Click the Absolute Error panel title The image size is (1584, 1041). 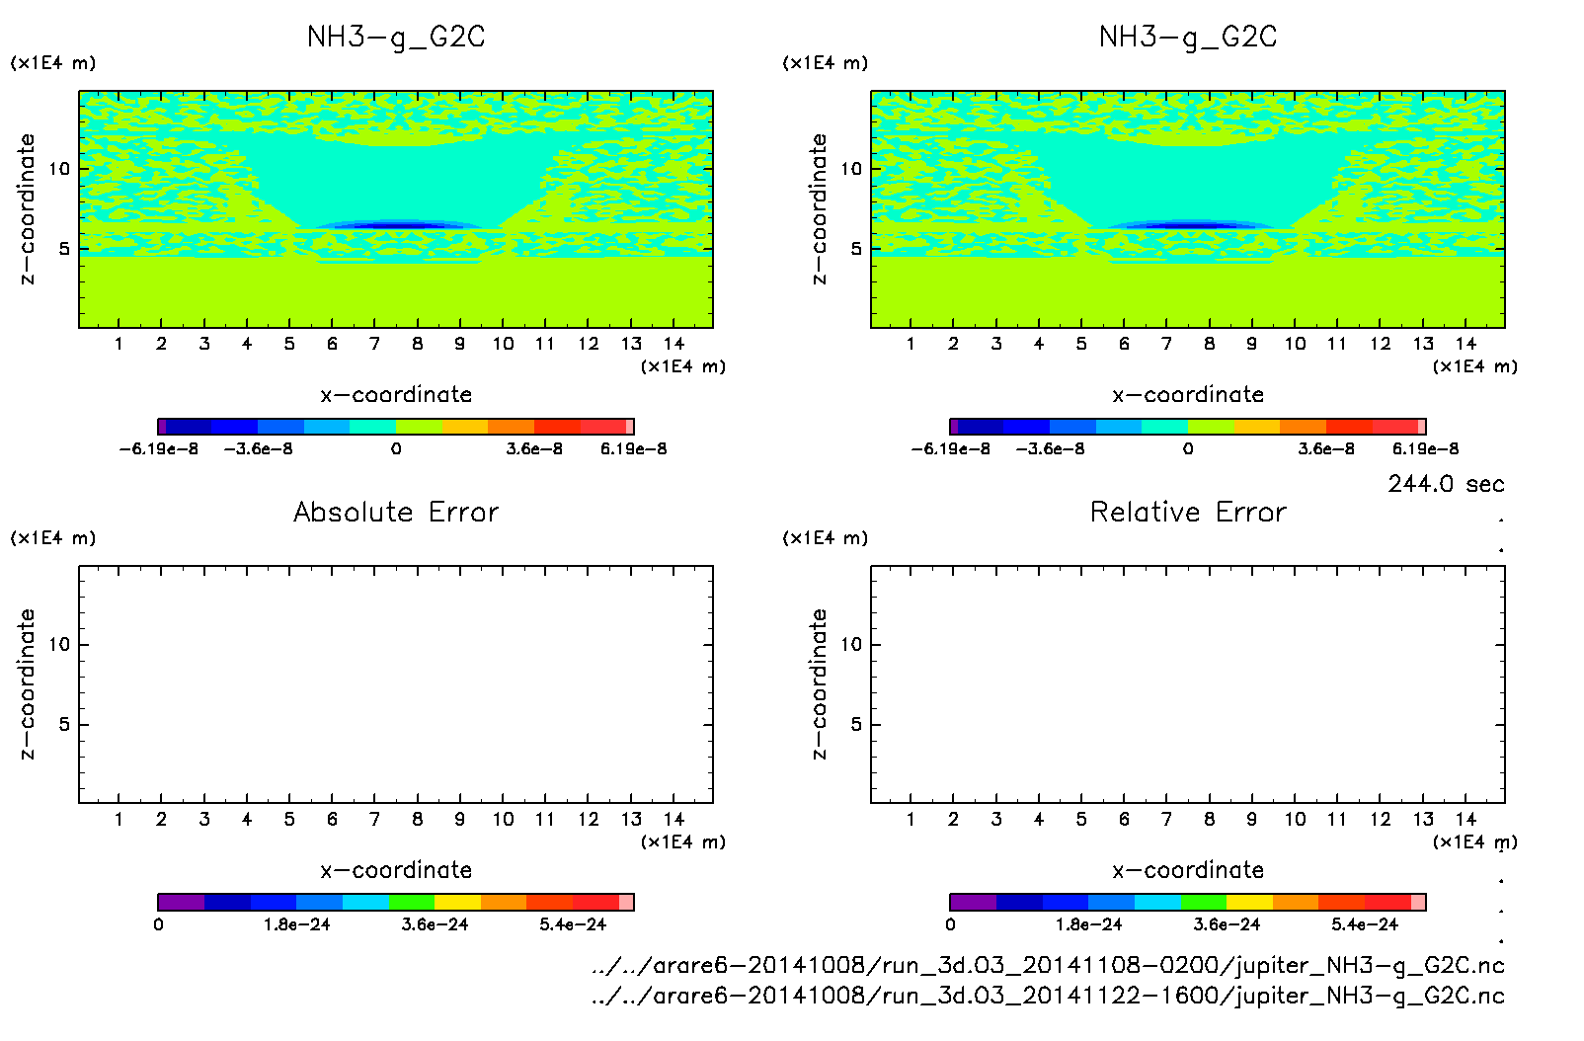[396, 512]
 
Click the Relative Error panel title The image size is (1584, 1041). [1188, 512]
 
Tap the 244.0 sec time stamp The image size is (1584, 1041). [1446, 484]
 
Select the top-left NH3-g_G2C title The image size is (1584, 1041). [396, 38]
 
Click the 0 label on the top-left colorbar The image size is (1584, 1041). [396, 449]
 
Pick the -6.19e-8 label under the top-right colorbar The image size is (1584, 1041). [950, 449]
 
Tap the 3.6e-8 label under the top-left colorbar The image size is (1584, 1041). [534, 449]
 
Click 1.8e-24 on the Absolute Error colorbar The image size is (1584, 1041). [296, 925]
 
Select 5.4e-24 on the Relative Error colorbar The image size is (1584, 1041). [1365, 925]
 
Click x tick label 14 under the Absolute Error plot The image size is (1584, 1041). [673, 819]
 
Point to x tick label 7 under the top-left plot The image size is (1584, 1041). [374, 344]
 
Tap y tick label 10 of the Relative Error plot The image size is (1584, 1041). [851, 645]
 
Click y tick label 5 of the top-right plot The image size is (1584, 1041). [856, 249]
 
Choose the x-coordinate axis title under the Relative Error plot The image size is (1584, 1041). [1188, 870]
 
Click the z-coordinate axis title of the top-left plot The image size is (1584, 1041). [27, 209]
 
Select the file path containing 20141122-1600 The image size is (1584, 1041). [1048, 996]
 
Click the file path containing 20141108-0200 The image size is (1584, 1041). [1048, 966]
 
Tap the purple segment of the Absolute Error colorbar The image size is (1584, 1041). [181, 902]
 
